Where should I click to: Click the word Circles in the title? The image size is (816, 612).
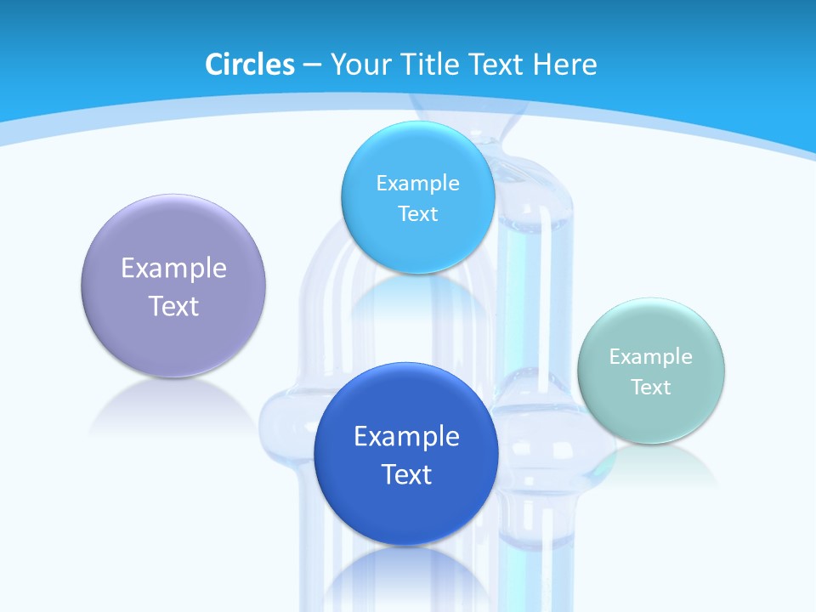pyautogui.click(x=250, y=65)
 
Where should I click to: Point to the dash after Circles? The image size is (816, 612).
pyautogui.click(x=312, y=65)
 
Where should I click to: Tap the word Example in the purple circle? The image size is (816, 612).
pyautogui.click(x=173, y=269)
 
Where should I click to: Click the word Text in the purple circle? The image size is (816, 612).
pyautogui.click(x=173, y=306)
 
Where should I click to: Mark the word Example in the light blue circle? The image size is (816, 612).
pyautogui.click(x=417, y=183)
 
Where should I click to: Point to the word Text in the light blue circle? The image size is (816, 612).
pyautogui.click(x=417, y=213)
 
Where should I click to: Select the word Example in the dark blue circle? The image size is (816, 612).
pyautogui.click(x=406, y=437)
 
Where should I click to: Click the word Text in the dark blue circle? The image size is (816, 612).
pyautogui.click(x=406, y=474)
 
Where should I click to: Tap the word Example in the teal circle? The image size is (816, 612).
pyautogui.click(x=651, y=356)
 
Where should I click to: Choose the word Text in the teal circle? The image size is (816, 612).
pyautogui.click(x=651, y=387)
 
